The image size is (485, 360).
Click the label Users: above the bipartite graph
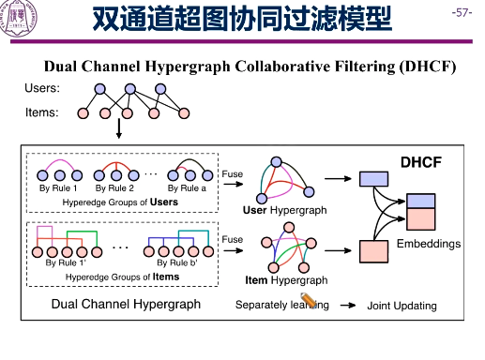tap(42, 89)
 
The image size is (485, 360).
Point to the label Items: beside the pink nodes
tap(42, 112)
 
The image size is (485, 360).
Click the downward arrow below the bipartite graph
tap(119, 130)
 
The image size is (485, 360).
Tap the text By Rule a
tap(187, 188)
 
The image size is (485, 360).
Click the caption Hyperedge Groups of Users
tap(119, 202)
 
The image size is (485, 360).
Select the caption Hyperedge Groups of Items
tap(119, 276)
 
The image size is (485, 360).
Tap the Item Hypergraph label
tap(285, 280)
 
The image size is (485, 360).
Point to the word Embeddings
tap(429, 244)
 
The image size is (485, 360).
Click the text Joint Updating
tap(402, 306)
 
